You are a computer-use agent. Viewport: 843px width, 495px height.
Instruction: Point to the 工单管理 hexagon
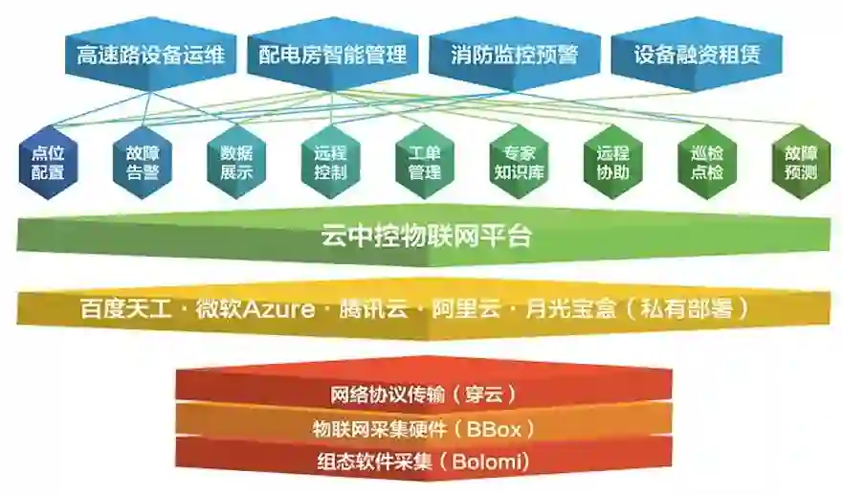pyautogui.click(x=424, y=163)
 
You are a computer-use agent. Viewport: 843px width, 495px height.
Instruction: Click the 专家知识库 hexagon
pyautogui.click(x=519, y=163)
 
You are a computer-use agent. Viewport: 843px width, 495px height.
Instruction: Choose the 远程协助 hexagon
pyautogui.click(x=612, y=163)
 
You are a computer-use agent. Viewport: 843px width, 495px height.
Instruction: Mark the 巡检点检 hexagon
pyautogui.click(x=706, y=163)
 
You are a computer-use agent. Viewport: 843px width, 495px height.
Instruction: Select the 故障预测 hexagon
pyautogui.click(x=800, y=163)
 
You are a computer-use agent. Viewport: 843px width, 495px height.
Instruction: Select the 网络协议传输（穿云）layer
pyautogui.click(x=422, y=394)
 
